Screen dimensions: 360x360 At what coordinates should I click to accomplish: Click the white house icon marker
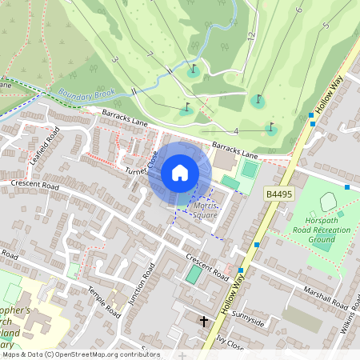click(x=180, y=173)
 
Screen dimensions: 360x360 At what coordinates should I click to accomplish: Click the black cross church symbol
click(x=204, y=322)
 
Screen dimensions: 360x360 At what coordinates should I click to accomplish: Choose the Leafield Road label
click(x=45, y=146)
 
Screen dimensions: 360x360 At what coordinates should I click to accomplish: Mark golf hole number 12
click(x=250, y=36)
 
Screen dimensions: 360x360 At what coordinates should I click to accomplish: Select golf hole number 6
click(x=298, y=10)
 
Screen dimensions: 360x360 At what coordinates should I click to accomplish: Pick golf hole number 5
click(x=326, y=26)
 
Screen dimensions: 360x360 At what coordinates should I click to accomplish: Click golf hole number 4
click(x=236, y=130)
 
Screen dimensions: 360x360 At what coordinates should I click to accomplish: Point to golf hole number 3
click(x=114, y=60)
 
